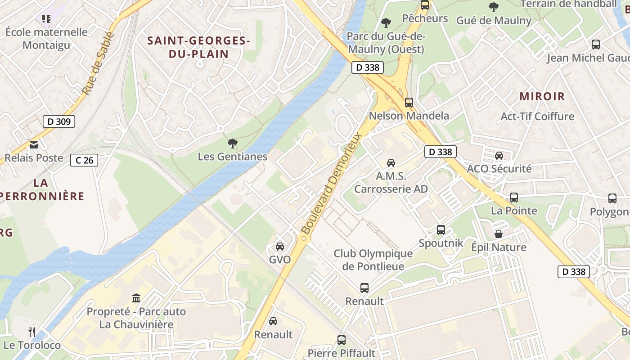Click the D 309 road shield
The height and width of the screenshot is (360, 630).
(x=59, y=121)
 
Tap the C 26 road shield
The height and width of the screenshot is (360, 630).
(x=84, y=160)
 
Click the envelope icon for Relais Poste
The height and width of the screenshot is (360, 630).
(x=34, y=145)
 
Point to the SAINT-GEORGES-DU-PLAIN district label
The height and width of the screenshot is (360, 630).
(x=199, y=47)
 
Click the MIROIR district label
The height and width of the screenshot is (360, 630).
(x=542, y=96)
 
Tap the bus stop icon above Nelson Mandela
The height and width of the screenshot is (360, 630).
(x=409, y=103)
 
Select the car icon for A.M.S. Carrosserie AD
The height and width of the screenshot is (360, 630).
(x=391, y=163)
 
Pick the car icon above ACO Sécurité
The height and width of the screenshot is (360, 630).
(x=499, y=156)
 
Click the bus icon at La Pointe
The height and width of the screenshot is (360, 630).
(x=513, y=198)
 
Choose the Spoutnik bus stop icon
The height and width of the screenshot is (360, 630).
(x=441, y=230)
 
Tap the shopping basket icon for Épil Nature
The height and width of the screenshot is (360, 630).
(x=499, y=234)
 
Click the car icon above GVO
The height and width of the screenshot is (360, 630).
(x=280, y=247)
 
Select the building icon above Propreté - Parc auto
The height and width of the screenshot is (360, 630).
(x=136, y=298)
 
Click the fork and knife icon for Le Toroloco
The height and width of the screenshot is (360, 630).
(x=32, y=332)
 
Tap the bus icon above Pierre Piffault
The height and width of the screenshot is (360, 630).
(x=342, y=340)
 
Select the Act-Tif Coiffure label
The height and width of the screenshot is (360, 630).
(x=537, y=117)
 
